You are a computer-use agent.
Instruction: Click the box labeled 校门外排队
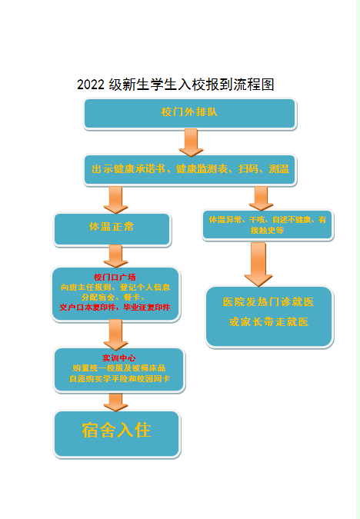(x=189, y=112)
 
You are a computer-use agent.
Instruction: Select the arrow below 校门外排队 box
(x=190, y=141)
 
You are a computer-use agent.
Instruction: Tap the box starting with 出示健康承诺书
(x=190, y=169)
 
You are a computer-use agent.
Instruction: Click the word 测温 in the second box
(x=278, y=169)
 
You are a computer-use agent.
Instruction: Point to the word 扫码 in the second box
(x=248, y=169)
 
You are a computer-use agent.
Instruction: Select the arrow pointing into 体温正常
(x=115, y=199)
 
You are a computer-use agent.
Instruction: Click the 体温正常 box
(x=112, y=228)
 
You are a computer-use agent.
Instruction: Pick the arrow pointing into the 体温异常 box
(x=261, y=198)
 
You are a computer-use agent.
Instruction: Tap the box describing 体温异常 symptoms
(x=267, y=225)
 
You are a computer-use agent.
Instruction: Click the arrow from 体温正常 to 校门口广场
(x=115, y=255)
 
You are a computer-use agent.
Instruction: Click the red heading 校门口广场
(x=115, y=277)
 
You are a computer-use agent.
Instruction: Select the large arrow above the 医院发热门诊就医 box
(x=258, y=262)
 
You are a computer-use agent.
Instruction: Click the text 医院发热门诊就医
(x=268, y=302)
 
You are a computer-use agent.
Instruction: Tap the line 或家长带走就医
(x=268, y=321)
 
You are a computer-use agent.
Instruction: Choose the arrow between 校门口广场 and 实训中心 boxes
(x=115, y=333)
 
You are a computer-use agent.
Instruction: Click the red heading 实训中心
(x=118, y=358)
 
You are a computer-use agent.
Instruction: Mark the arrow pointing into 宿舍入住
(x=116, y=401)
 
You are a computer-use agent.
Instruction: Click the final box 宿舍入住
(x=116, y=431)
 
